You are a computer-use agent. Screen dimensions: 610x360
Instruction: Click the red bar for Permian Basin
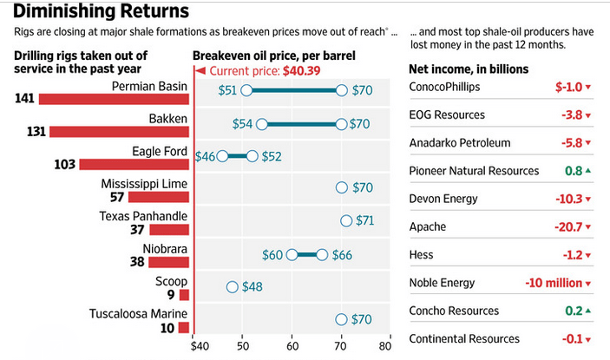[114, 99]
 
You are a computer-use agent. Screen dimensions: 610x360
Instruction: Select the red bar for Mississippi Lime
[159, 197]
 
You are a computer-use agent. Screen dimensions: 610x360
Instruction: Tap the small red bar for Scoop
[185, 295]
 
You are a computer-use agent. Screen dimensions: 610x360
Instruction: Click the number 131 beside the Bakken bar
[36, 131]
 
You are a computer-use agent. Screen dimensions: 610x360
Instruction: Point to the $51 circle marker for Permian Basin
[246, 90]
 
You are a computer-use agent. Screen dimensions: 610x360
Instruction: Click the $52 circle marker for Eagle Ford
[253, 156]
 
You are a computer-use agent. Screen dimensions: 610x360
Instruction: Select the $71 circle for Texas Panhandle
[346, 221]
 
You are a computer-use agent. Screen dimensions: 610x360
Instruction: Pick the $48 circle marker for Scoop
[233, 287]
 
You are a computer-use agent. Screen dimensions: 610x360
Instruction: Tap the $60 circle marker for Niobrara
[292, 255]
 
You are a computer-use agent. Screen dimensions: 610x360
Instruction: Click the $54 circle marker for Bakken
[262, 124]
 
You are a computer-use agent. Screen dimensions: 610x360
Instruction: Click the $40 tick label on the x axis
[200, 346]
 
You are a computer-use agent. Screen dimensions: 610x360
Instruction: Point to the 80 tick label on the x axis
[385, 346]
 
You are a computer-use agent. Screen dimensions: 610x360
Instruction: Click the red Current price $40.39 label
[265, 71]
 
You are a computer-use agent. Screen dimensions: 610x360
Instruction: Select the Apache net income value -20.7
[568, 226]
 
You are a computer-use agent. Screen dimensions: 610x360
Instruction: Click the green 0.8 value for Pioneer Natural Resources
[574, 171]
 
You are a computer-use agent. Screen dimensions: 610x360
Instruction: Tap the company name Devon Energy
[443, 199]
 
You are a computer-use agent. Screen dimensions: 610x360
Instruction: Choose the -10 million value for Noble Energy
[554, 283]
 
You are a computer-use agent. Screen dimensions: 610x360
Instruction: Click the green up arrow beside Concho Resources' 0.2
[587, 311]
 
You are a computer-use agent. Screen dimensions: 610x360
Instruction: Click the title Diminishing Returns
[102, 11]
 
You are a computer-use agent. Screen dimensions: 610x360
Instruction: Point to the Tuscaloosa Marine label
[138, 314]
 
